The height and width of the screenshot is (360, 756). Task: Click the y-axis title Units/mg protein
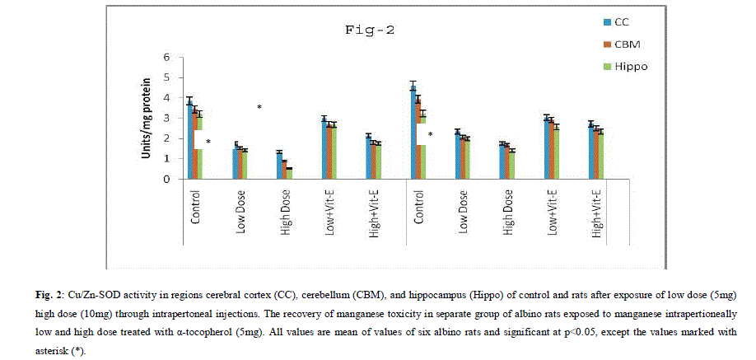147,118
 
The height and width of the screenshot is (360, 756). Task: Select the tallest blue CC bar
413,132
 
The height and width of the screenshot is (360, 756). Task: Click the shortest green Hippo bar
289,173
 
